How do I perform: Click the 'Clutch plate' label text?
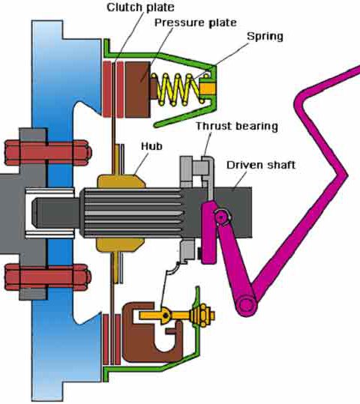tap(140, 7)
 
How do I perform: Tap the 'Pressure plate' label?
tap(196, 22)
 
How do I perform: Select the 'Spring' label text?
tap(265, 37)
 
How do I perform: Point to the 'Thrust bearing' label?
tap(237, 126)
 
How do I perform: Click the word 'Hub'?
tap(151, 146)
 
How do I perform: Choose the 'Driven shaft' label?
tap(261, 165)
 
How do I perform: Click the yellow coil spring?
tap(178, 89)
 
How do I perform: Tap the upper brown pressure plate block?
tap(138, 89)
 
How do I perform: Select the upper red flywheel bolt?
tap(48, 153)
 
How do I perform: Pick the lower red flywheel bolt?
tap(48, 277)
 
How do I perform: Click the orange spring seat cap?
tap(208, 88)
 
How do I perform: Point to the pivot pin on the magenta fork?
tap(221, 217)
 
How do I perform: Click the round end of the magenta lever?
tap(245, 305)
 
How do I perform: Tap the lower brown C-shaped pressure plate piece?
tap(153, 332)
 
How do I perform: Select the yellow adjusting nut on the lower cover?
tap(202, 316)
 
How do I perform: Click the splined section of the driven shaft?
tap(131, 213)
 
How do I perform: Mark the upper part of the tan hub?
tap(121, 181)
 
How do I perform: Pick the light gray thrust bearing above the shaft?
tap(197, 171)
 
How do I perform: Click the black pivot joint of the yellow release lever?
tap(165, 315)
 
